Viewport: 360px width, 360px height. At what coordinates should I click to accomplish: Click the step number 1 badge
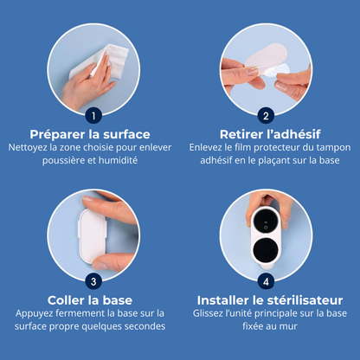pos(93,116)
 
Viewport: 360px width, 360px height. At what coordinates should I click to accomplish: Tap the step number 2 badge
pos(266,116)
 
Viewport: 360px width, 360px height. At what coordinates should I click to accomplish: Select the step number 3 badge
pos(93,281)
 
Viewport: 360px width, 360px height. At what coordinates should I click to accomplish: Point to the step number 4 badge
pos(266,281)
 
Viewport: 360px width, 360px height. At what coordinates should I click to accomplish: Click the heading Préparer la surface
pos(90,134)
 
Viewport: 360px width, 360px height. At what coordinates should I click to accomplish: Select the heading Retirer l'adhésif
pos(270,134)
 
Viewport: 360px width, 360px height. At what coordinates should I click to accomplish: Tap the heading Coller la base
pos(90,300)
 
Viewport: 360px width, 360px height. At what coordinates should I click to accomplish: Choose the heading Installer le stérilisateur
pos(270,300)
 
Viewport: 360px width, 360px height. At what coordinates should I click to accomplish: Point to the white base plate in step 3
pos(93,235)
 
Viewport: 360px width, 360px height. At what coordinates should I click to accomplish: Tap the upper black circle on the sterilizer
pos(266,225)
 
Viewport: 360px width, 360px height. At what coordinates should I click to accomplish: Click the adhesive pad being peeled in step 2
pos(267,61)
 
